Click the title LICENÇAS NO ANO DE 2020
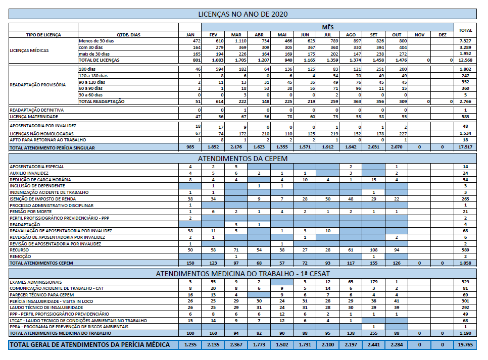tap(243, 14)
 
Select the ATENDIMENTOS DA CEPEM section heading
tap(243, 159)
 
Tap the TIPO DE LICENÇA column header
tap(43, 35)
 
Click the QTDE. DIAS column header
tap(128, 35)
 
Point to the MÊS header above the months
tap(328, 27)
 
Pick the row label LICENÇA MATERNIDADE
tap(34, 117)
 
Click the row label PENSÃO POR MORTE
tap(30, 212)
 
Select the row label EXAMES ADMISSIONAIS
tap(36, 282)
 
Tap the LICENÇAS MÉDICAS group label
tap(29, 50)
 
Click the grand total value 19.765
tap(465, 345)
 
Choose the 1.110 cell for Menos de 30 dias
tap(240, 41)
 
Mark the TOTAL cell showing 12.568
tap(465, 60)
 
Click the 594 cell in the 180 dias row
tap(220, 69)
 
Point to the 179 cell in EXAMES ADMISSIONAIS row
tap(374, 282)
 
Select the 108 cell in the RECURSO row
tap(374, 250)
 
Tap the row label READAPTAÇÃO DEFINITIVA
tap(37, 110)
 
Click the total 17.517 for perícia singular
tap(465, 147)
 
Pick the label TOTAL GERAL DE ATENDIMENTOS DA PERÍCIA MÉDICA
tap(90, 345)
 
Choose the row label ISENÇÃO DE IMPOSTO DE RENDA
tap(42, 199)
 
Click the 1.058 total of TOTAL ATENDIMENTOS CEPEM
tap(465, 263)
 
